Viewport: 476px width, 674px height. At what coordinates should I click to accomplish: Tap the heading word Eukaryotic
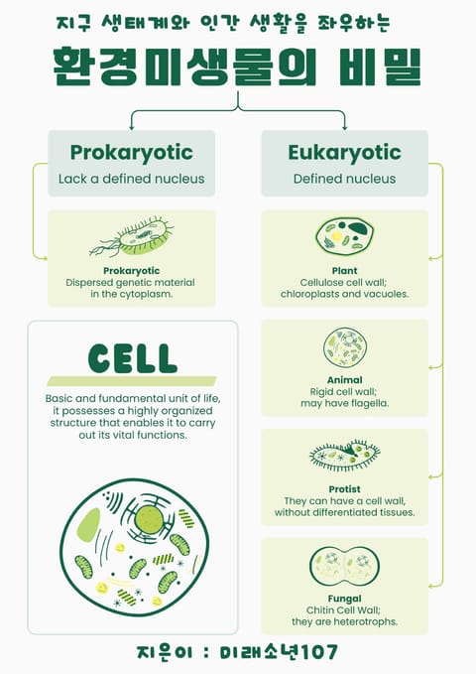[x=344, y=153]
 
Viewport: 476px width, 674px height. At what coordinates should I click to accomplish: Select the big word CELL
[x=133, y=358]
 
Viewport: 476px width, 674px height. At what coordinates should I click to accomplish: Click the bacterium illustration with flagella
[x=132, y=237]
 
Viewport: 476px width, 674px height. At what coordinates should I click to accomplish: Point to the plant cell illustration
[x=344, y=236]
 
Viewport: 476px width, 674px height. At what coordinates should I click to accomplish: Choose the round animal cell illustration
[x=345, y=347]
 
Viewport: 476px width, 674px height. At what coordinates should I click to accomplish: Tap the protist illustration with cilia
[x=344, y=455]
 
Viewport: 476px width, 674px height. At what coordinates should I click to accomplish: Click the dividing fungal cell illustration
[x=344, y=566]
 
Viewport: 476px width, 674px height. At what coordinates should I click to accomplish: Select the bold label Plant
[x=344, y=271]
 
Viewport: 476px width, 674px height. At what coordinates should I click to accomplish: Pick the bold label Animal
[x=344, y=380]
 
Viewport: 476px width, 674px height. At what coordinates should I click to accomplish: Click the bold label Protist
[x=344, y=489]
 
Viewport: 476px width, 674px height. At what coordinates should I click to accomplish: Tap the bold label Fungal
[x=344, y=599]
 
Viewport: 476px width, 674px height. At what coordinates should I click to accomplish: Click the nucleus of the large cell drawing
[x=149, y=519]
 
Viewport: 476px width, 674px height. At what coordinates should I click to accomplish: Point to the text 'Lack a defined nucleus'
[x=132, y=179]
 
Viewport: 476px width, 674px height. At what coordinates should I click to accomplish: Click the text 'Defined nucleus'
[x=344, y=179]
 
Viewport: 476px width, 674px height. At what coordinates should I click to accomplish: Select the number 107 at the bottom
[x=319, y=651]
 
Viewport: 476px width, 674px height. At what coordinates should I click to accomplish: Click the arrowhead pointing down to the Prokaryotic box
[x=132, y=128]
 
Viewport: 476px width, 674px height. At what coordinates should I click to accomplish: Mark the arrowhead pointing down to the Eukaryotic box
[x=344, y=128]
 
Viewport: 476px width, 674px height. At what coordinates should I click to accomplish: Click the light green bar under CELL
[x=132, y=381]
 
